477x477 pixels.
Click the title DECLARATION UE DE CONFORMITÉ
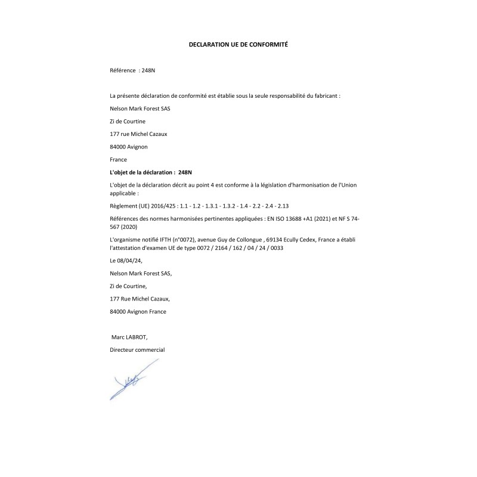[238, 44]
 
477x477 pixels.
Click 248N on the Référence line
[148, 70]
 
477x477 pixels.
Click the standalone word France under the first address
[119, 159]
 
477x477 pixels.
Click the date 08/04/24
[131, 260]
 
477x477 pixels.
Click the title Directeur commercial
[137, 349]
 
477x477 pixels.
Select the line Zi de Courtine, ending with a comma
[128, 286]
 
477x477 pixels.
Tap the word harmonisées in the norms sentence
[184, 219]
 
